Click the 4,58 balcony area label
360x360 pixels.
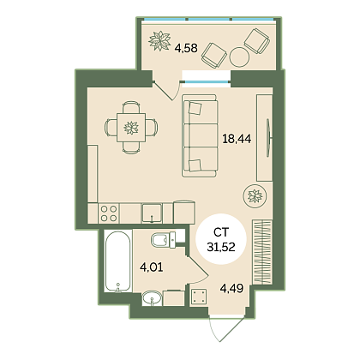(x=186, y=48)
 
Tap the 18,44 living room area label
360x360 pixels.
(x=237, y=139)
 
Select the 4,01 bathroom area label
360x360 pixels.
(x=151, y=267)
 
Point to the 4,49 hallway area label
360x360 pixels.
(x=231, y=288)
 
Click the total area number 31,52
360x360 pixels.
(x=221, y=247)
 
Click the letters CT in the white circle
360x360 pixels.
(x=221, y=232)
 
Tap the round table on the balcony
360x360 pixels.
(x=239, y=57)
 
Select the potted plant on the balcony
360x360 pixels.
(x=159, y=40)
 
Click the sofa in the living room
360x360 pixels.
(x=200, y=135)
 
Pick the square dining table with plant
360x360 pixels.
(x=131, y=128)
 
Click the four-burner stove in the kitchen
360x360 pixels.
(x=109, y=213)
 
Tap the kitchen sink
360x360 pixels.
(x=152, y=213)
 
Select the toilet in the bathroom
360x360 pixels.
(x=164, y=240)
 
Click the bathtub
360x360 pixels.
(x=117, y=261)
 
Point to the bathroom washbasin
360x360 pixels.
(x=152, y=298)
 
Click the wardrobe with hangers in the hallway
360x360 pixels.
(x=261, y=252)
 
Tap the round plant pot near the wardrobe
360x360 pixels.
(x=255, y=196)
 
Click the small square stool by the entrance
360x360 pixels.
(x=199, y=297)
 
